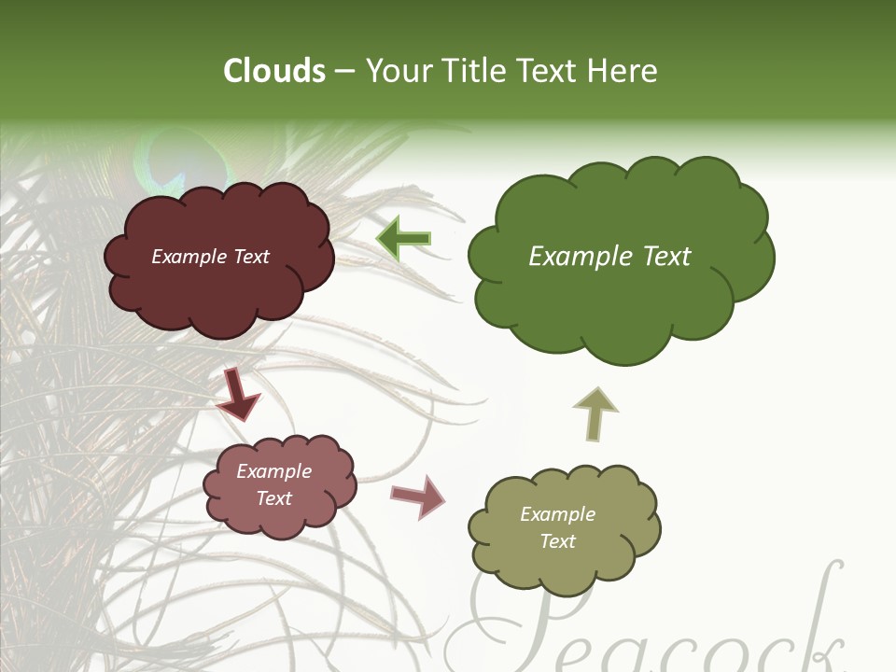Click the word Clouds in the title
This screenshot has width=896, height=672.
274,71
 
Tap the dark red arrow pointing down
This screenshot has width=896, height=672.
238,393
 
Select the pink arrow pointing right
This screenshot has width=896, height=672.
417,496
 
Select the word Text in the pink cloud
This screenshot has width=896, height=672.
274,498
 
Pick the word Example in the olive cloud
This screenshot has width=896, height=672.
557,514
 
